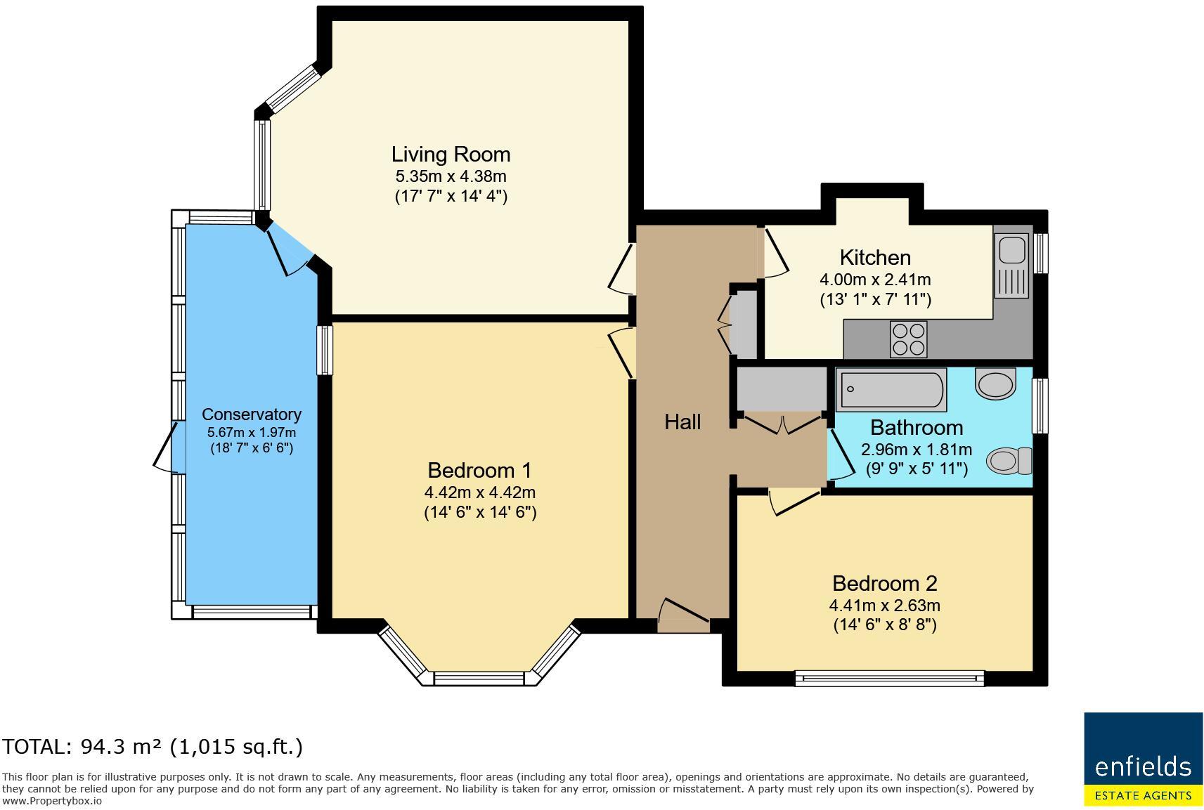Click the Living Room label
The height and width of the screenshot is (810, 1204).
pyautogui.click(x=451, y=154)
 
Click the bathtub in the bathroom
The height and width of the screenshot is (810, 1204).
pyautogui.click(x=891, y=389)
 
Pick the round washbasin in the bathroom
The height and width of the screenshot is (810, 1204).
pyautogui.click(x=996, y=384)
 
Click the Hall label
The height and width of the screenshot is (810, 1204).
pyautogui.click(x=682, y=422)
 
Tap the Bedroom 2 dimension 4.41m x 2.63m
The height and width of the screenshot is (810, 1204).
pyautogui.click(x=884, y=605)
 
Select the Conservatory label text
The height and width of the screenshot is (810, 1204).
pyautogui.click(x=251, y=414)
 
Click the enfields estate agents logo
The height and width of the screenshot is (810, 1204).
pyautogui.click(x=1143, y=759)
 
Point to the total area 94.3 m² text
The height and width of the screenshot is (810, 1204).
pyautogui.click(x=153, y=746)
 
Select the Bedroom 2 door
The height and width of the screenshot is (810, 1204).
pyautogui.click(x=795, y=502)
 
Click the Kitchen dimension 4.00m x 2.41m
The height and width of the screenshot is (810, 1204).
pyautogui.click(x=874, y=279)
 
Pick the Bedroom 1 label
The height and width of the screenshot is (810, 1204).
pyautogui.click(x=479, y=470)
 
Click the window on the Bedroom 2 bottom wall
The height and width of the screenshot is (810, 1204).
pyautogui.click(x=889, y=677)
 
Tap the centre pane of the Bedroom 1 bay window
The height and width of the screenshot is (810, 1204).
pyautogui.click(x=479, y=678)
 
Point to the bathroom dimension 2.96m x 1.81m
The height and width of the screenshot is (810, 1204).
pyautogui.click(x=916, y=449)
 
